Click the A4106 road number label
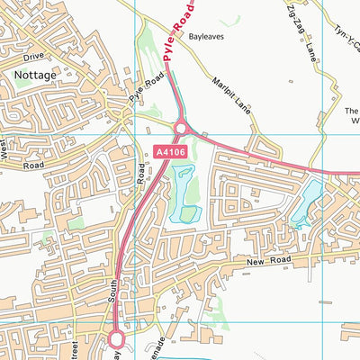click(170, 155)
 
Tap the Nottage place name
click(34, 77)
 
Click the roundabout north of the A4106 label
click(180, 130)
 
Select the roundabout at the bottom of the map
click(116, 338)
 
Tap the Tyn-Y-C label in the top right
click(343, 40)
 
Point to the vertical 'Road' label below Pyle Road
click(142, 173)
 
